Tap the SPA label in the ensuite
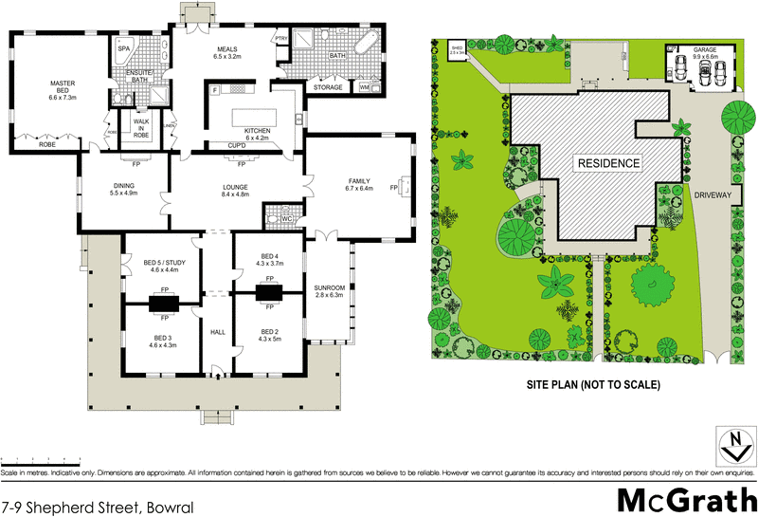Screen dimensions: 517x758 (123, 47)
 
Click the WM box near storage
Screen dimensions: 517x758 (365, 87)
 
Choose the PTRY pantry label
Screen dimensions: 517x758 (280, 39)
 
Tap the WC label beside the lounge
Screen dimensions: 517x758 (285, 218)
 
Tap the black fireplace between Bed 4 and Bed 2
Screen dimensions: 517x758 (270, 293)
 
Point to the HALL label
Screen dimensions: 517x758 (217, 331)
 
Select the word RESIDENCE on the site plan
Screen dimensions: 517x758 (607, 163)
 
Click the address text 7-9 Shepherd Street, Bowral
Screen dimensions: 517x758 (98, 508)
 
